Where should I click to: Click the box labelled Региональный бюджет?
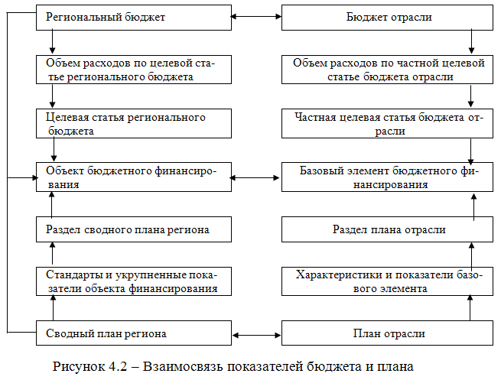[x=133, y=17]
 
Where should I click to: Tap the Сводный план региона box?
[x=133, y=333]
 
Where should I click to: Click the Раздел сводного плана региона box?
[x=133, y=229]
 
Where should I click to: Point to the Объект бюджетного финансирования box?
[x=133, y=177]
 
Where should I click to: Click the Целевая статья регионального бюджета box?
[x=133, y=124]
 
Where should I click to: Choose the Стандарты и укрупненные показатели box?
[x=133, y=281]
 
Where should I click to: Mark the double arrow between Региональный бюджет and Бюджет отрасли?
[x=256, y=16]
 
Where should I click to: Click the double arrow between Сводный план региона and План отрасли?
[x=256, y=334]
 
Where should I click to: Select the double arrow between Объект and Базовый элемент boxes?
[x=256, y=177]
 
